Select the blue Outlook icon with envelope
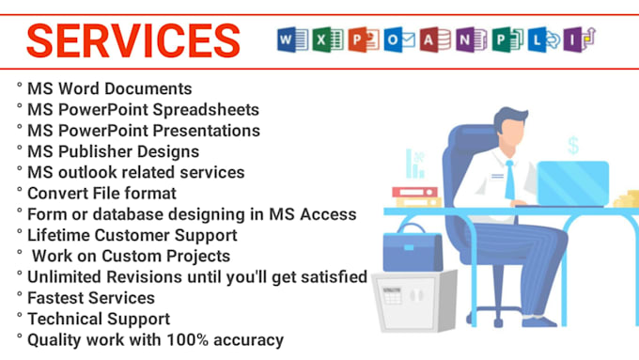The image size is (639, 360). pyautogui.click(x=394, y=39)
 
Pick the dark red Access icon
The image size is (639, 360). pyautogui.click(x=429, y=39)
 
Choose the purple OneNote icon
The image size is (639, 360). pyautogui.click(x=465, y=39)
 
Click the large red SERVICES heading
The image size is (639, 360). pyautogui.click(x=132, y=40)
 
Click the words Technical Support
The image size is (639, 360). pyautogui.click(x=99, y=319)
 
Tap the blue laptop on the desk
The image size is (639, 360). pyautogui.click(x=571, y=182)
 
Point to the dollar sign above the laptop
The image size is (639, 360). pyautogui.click(x=572, y=145)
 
